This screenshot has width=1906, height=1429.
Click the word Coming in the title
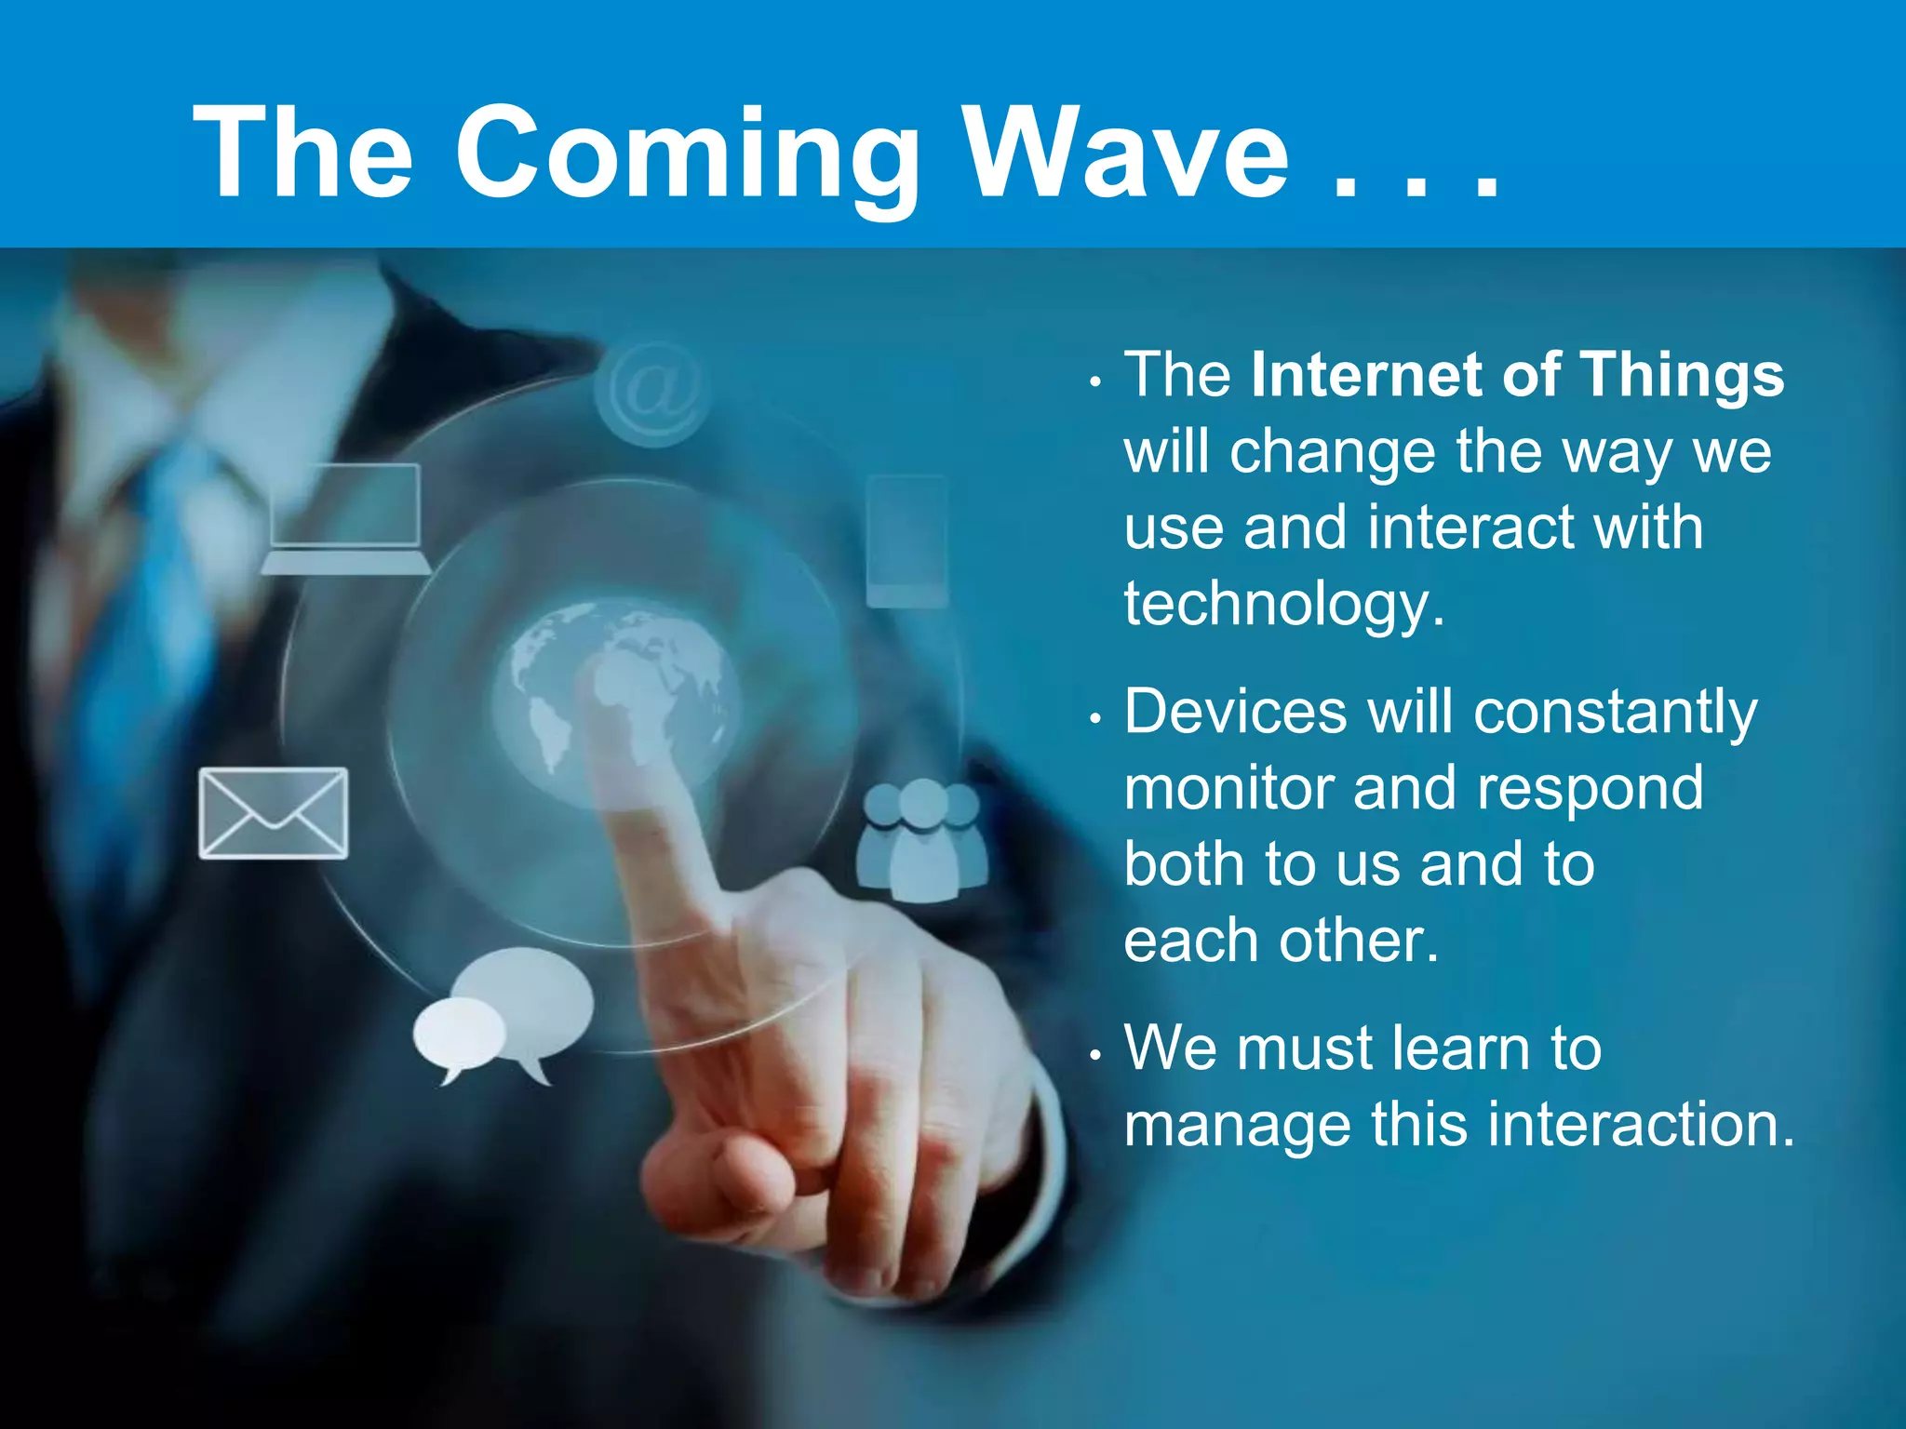point(687,154)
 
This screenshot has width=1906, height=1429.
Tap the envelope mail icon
point(274,813)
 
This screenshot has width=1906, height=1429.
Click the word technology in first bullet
point(1283,605)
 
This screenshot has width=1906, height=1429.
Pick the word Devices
point(1235,712)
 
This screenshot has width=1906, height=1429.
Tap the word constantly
point(1616,714)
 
